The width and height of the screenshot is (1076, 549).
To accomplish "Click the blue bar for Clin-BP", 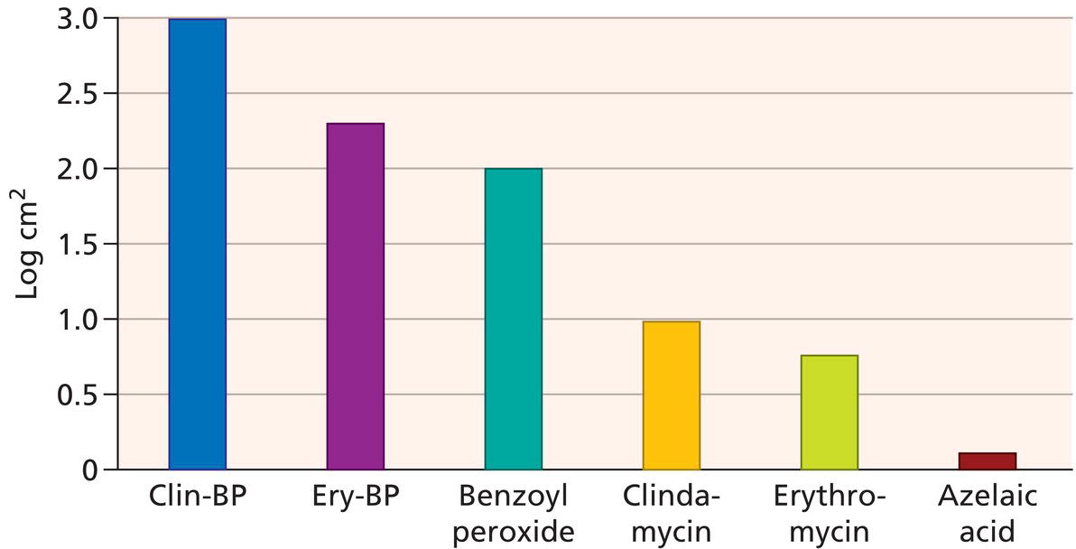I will tap(198, 244).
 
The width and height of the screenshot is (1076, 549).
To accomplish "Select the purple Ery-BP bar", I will tap(356, 296).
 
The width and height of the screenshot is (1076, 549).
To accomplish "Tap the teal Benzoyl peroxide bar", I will tap(514, 319).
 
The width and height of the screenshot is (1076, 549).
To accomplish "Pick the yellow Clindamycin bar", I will tap(672, 395).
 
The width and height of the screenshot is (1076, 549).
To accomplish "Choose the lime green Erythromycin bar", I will tap(830, 413).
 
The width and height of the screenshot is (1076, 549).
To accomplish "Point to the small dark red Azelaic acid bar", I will tap(988, 461).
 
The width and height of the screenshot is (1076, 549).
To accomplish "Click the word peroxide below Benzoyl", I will tap(514, 532).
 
